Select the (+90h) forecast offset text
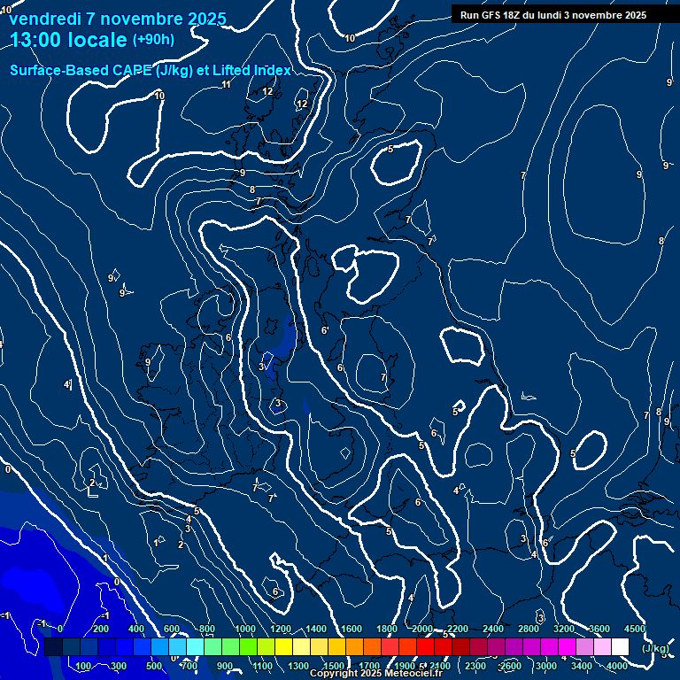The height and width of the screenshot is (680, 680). tap(153, 40)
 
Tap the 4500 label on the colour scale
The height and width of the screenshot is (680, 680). tap(635, 629)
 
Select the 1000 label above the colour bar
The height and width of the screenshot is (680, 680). tap(245, 629)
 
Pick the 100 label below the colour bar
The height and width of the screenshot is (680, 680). tap(84, 666)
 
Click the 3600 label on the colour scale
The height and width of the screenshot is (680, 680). tap(599, 629)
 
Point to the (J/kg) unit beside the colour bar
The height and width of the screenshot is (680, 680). tap(654, 648)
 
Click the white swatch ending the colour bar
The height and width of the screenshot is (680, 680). tap(620, 647)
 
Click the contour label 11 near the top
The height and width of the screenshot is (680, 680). tap(227, 85)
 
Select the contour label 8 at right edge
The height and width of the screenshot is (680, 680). tap(661, 241)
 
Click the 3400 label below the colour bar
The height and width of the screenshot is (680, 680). tap(582, 666)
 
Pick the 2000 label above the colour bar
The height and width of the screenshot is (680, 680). tap(422, 629)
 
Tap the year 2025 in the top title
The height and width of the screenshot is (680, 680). tap(205, 19)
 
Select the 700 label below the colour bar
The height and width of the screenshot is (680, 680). tap(189, 666)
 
